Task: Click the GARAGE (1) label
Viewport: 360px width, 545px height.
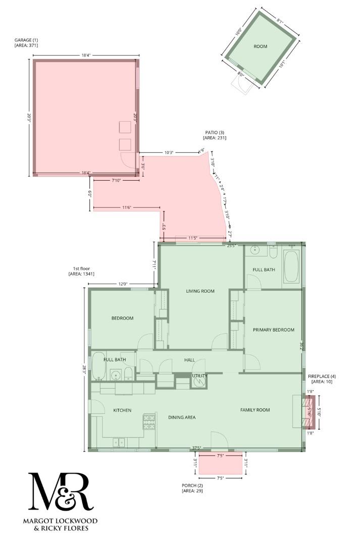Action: (x=26, y=40)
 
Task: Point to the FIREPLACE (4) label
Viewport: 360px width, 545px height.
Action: (x=322, y=376)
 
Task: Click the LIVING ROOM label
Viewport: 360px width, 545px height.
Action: (x=200, y=291)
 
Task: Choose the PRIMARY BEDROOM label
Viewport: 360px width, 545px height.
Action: (x=273, y=330)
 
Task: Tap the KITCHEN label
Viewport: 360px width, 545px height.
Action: (x=122, y=410)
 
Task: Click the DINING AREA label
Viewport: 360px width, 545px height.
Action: (x=181, y=417)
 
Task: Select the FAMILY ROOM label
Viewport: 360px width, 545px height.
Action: (x=254, y=410)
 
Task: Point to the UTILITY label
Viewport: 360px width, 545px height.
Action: (x=199, y=376)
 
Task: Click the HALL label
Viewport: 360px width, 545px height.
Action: (x=189, y=360)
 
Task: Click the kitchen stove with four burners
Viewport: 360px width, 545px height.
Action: (x=149, y=421)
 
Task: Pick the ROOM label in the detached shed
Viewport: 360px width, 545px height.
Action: (x=260, y=46)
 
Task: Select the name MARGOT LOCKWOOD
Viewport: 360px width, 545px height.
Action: (x=60, y=521)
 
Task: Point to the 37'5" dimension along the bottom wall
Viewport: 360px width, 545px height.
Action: (x=197, y=448)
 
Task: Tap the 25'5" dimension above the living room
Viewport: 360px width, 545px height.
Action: (x=232, y=246)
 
